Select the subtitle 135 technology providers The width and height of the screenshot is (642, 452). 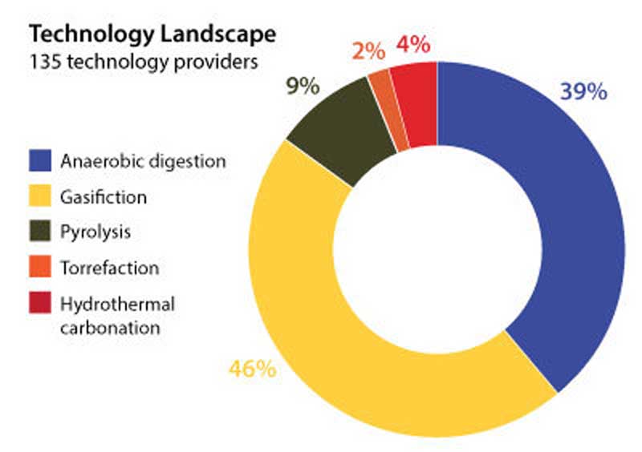(144, 62)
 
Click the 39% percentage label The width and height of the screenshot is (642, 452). (583, 92)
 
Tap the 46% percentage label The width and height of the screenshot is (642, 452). (253, 369)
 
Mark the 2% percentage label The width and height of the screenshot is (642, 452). (368, 50)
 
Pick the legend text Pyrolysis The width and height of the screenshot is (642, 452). (95, 232)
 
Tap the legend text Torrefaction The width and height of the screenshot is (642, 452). (109, 267)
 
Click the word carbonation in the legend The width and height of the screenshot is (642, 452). (110, 327)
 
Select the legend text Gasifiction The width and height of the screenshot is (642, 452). (104, 196)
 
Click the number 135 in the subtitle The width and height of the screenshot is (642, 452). (44, 62)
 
